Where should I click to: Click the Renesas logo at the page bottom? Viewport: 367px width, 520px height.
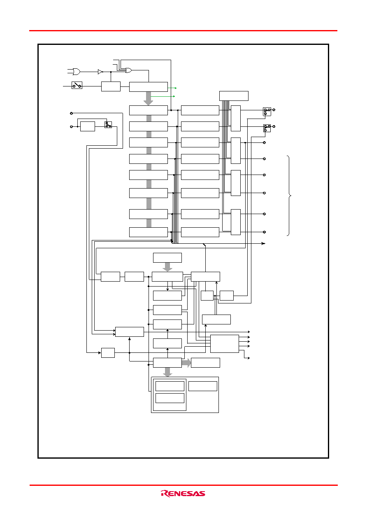click(x=183, y=493)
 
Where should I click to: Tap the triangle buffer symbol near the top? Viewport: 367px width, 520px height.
click(x=100, y=72)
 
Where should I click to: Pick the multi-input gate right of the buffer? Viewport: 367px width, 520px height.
click(x=128, y=70)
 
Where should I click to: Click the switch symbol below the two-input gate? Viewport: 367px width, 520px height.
click(x=77, y=85)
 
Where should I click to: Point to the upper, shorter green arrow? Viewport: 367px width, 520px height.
click(x=172, y=88)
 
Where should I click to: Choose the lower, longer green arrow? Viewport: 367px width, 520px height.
click(x=163, y=96)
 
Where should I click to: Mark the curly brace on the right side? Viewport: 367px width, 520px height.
click(x=289, y=196)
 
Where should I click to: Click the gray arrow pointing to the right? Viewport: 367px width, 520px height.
click(x=186, y=363)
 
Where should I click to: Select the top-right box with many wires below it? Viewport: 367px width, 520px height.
click(x=234, y=96)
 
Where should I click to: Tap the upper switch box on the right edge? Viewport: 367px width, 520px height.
click(x=267, y=112)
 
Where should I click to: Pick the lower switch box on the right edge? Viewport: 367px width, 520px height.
click(x=267, y=128)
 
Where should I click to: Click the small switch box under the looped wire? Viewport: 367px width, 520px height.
click(x=108, y=125)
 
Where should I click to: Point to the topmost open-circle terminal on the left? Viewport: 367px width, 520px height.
click(x=71, y=113)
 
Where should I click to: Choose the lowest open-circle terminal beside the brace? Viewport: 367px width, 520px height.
click(x=264, y=232)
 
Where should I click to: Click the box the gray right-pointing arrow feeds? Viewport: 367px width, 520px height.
click(x=205, y=363)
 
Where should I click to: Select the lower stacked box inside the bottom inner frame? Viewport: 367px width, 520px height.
click(x=170, y=398)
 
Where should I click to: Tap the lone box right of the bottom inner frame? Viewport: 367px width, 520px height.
click(x=203, y=386)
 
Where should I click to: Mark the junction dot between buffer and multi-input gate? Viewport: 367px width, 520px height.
click(x=111, y=72)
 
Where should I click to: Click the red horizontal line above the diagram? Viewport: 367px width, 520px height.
click(x=183, y=30)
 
